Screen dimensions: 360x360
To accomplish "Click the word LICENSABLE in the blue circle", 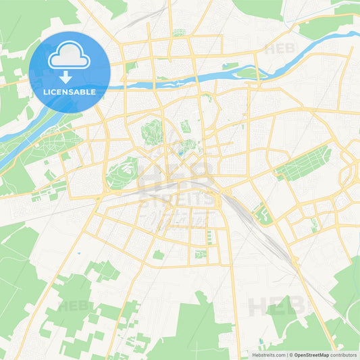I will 69,91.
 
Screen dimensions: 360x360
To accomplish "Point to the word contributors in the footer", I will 344,355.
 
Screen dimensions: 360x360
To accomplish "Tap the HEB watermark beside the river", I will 279,49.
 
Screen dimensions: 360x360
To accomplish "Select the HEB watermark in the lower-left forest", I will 74,306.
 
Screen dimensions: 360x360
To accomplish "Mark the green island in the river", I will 247,73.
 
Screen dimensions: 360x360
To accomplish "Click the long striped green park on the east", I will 303,162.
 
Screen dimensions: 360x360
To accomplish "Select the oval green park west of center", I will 122,172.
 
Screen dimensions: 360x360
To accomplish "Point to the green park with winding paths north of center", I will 152,131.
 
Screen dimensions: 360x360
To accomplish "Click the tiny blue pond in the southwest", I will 79,253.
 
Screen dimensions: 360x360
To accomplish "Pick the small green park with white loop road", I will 261,215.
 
